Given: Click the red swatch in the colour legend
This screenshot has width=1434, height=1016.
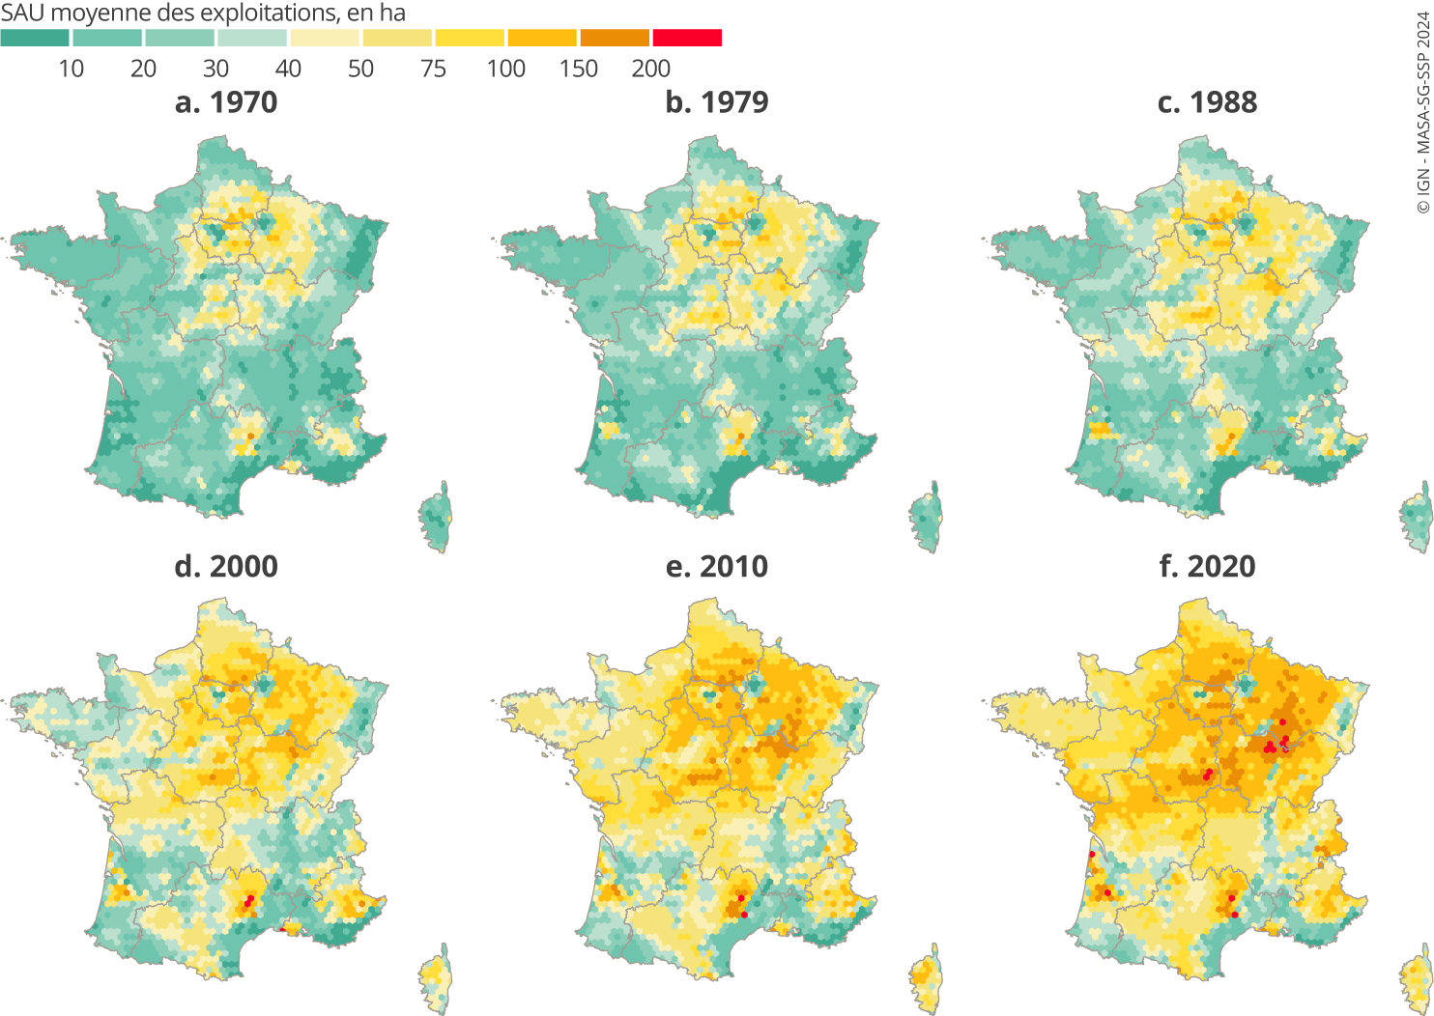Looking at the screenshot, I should tap(687, 38).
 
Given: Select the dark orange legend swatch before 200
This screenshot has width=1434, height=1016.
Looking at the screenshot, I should tap(615, 38).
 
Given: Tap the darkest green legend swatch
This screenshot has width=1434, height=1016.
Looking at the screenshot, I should tap(35, 38).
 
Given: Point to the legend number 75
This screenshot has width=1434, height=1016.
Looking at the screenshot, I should tap(433, 69).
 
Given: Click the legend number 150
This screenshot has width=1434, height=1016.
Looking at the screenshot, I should tap(578, 69).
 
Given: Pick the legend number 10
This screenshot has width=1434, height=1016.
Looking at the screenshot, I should tap(71, 69).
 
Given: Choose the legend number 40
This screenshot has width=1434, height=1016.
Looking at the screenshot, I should tap(288, 69).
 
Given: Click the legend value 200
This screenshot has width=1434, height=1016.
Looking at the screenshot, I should tap(650, 69).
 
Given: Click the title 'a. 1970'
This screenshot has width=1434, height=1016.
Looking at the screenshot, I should tap(226, 102).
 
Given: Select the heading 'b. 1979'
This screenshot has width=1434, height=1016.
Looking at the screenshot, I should tap(717, 102).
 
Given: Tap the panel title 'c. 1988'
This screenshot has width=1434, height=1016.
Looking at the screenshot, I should tap(1208, 102).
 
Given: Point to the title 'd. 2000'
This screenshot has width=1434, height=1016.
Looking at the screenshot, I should tap(226, 566).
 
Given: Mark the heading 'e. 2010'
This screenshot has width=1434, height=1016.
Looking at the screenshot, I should tap(717, 566).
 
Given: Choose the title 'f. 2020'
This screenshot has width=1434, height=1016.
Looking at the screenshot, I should tap(1208, 566).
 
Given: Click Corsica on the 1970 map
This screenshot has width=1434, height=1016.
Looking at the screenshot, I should tap(437, 519).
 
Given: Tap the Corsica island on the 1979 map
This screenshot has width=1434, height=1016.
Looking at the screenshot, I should tap(927, 519).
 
